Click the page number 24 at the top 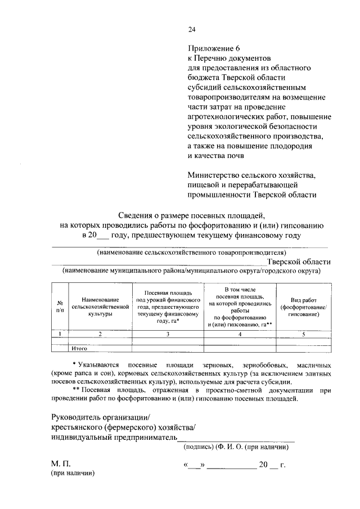(192, 30)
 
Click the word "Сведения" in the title (136, 215)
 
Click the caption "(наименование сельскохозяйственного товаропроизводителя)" (191, 252)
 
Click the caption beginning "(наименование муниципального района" (192, 271)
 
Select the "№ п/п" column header (60, 306)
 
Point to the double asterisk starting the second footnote (76, 390)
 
